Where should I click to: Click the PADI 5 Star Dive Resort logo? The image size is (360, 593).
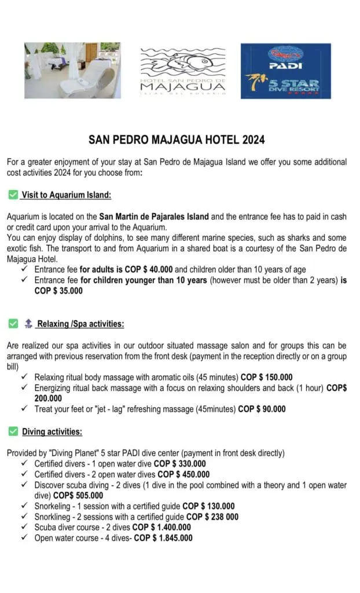285,71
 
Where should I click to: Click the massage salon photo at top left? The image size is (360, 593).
72,70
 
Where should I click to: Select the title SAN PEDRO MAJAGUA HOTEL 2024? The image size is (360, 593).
177,140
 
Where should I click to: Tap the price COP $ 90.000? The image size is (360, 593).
262,409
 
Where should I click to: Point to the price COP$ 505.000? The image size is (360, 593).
78,496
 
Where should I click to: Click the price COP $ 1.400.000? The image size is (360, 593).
161,528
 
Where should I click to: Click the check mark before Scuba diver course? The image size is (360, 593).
24,528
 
